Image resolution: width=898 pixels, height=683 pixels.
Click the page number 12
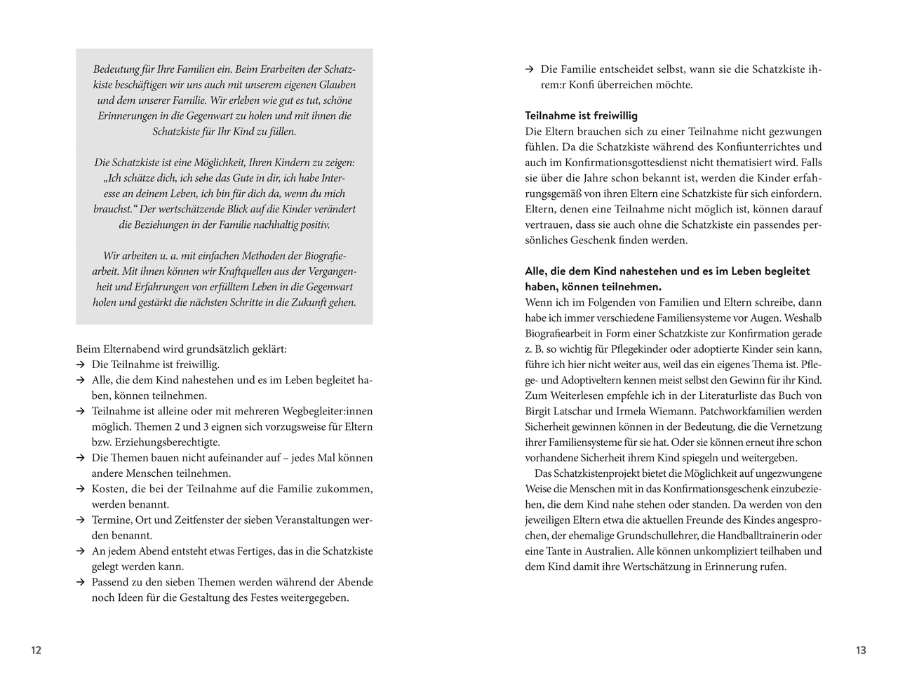click(36, 650)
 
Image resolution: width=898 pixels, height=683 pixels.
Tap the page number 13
click(861, 650)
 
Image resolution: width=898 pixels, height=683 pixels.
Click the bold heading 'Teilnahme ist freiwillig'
click(581, 116)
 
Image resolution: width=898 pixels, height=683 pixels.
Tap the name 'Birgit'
click(540, 412)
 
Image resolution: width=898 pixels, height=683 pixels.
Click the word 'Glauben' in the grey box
click(336, 85)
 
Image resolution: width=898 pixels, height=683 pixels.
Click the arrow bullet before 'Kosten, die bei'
click(81, 489)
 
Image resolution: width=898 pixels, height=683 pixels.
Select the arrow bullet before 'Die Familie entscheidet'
click(530, 69)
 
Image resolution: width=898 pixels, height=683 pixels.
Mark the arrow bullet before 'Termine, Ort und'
click(81, 520)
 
